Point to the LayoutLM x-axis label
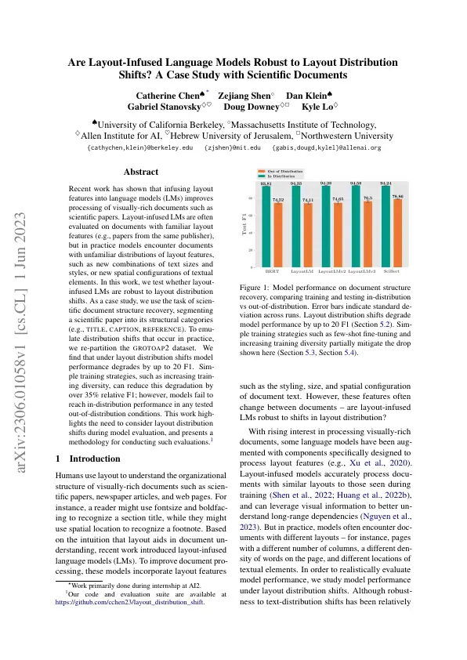(x=302, y=272)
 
